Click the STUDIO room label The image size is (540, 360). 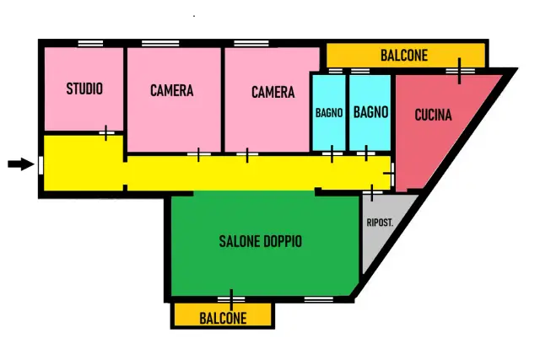point(84,89)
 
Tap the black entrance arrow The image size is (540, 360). point(21,164)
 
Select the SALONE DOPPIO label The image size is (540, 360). point(261,241)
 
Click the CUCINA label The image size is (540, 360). point(433,115)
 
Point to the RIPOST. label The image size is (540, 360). point(380,223)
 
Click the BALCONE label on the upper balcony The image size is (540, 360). point(404,56)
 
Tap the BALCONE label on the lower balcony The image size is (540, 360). point(223,319)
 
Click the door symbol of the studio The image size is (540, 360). point(106,133)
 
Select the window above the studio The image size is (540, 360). point(90,43)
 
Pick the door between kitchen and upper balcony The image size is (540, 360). point(459,71)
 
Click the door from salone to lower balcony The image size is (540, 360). point(231,300)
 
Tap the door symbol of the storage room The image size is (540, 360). point(372,193)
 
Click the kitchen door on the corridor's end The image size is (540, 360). point(390,174)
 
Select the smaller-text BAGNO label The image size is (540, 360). point(329,113)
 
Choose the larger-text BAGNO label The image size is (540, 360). point(371,112)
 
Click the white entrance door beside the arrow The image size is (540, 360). point(40,165)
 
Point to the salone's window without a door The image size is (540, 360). point(319,299)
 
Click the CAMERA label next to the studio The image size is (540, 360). point(172,90)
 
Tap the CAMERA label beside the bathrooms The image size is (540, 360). point(273,92)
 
